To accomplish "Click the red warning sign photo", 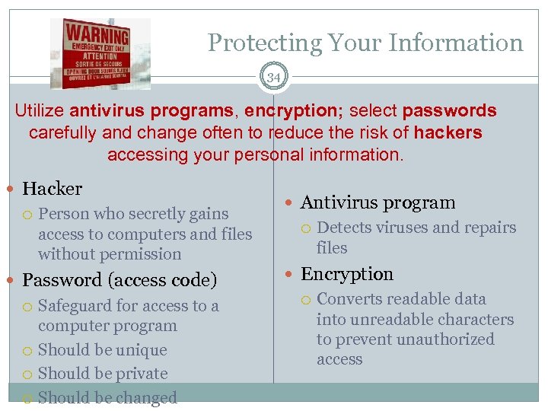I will (100, 53).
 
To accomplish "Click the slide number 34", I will (273, 76).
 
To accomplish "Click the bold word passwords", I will (450, 111).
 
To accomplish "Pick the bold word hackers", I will (448, 133).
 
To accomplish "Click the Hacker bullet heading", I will (52, 188).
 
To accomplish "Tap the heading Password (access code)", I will (119, 280).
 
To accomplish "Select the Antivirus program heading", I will (378, 202).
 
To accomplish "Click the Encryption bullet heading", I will (347, 274).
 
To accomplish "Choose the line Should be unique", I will (102, 350).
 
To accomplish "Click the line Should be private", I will (103, 374).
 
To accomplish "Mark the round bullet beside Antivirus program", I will (292, 203).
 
